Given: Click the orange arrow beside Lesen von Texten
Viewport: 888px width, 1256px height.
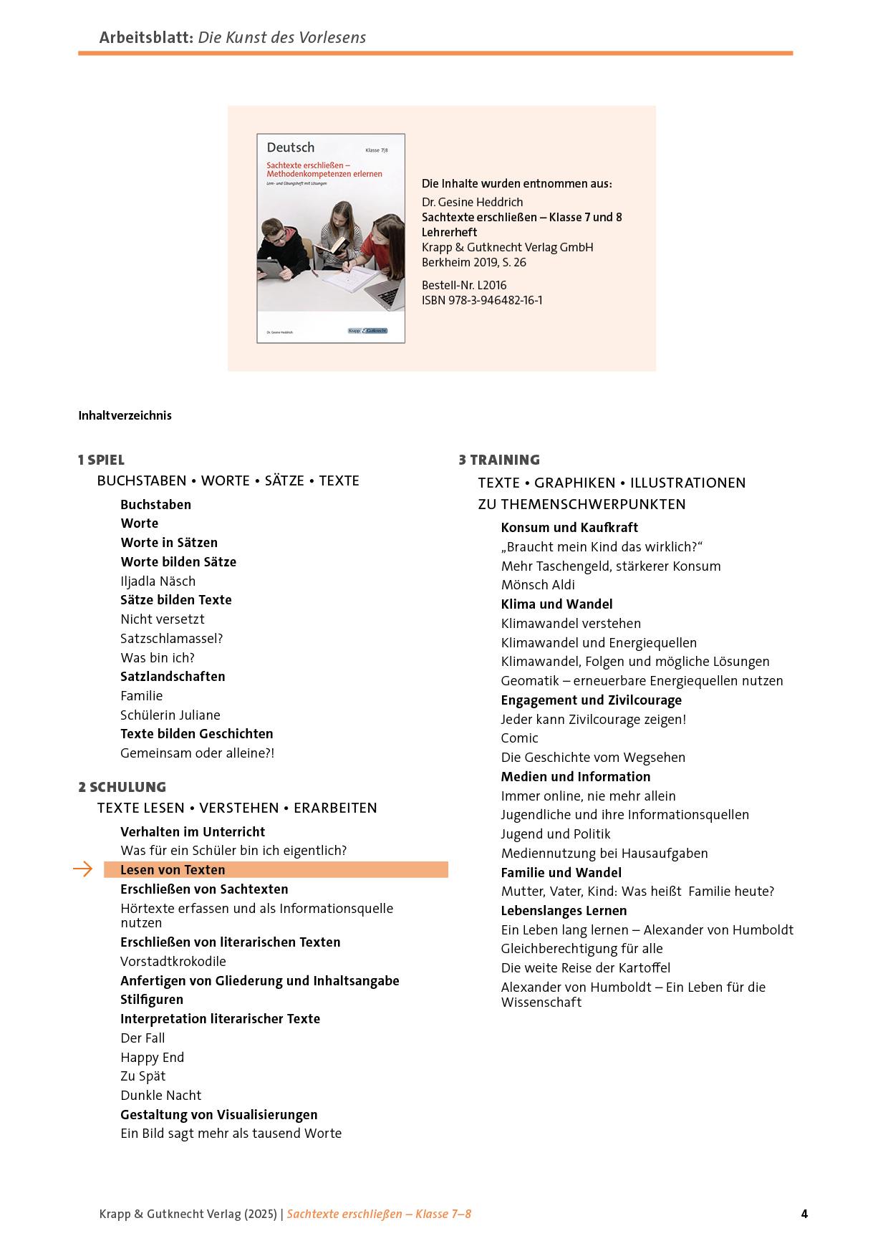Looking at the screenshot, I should pos(83,869).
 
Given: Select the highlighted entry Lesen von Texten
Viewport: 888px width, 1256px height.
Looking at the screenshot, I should pos(173,870).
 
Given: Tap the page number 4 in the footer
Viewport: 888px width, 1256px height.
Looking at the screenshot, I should pos(804,1214).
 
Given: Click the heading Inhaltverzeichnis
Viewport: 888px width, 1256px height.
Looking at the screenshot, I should pos(125,415).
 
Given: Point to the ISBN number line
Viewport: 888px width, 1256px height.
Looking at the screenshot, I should pos(482,300).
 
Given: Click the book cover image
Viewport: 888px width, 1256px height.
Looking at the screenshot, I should pos(331,238).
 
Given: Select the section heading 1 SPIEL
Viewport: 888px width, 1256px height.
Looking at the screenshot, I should pos(101,460).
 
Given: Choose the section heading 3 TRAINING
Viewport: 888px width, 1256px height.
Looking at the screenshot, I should pos(499,460).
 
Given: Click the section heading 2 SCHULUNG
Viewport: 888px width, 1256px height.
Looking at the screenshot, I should pos(122,787).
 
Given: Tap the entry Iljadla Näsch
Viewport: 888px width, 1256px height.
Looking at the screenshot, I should pos(158,581).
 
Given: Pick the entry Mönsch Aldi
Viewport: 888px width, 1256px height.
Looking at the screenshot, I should pos(538,585).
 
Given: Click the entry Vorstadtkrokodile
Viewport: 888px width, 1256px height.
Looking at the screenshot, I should pos(173,961).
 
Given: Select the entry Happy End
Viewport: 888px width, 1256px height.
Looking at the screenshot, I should pos(153,1057).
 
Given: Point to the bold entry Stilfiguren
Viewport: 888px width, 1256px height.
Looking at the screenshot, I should pos(152,999).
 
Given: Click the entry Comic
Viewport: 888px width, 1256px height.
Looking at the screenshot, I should pos(519,738).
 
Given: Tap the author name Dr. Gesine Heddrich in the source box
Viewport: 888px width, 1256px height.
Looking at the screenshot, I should pos(473,202).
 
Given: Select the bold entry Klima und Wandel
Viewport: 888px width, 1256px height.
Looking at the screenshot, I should pos(556,604).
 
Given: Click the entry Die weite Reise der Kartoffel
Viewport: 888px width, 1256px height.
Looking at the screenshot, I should pos(586,967).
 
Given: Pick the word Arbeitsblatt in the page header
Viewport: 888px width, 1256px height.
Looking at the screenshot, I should pos(146,37).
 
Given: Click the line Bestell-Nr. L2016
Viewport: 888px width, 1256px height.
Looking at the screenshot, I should pos(464,285).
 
